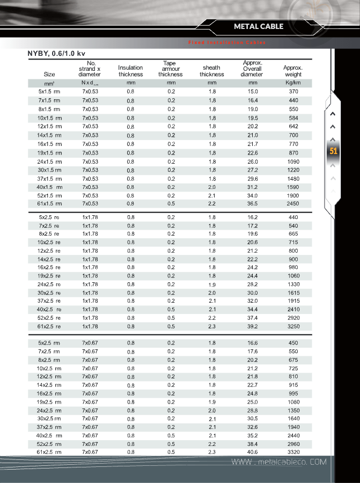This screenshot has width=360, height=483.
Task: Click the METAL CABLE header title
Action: click(x=259, y=26)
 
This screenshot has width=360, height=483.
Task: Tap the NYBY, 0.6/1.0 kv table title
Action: click(x=56, y=54)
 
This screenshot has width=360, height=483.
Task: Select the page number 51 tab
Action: click(x=333, y=151)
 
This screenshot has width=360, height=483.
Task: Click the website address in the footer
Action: click(x=278, y=462)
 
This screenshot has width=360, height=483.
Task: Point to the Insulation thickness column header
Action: click(x=130, y=71)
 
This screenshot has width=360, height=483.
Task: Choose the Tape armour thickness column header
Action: click(x=171, y=69)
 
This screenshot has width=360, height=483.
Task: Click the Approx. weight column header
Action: click(x=293, y=71)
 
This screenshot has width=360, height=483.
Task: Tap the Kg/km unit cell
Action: click(x=293, y=83)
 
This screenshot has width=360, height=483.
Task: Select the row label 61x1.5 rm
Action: click(x=49, y=204)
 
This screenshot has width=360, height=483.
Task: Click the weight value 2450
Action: click(x=293, y=204)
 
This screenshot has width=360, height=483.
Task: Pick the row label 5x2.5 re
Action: click(x=49, y=217)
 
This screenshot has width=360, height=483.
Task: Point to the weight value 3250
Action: click(x=293, y=326)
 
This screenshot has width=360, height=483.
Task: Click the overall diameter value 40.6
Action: click(x=253, y=452)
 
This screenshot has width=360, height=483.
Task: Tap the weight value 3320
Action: click(x=293, y=452)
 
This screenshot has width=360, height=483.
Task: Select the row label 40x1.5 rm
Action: click(x=49, y=187)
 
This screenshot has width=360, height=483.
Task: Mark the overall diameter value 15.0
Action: click(x=253, y=92)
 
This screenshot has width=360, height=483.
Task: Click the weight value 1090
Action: click(x=293, y=162)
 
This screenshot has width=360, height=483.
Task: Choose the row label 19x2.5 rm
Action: click(x=49, y=401)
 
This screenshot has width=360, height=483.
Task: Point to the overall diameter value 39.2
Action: click(x=253, y=326)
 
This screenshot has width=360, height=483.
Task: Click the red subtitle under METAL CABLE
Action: click(x=226, y=42)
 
